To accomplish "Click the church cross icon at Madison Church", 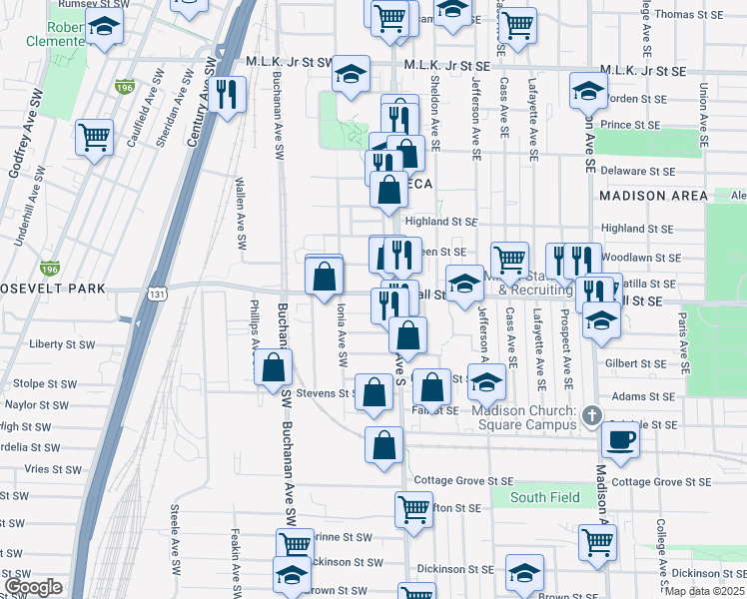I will (x=591, y=413).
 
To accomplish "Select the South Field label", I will (x=540, y=497).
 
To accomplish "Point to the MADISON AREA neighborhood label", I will (x=654, y=197).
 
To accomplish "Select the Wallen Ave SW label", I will (x=241, y=213).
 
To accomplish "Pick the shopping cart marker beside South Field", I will (x=414, y=508).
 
